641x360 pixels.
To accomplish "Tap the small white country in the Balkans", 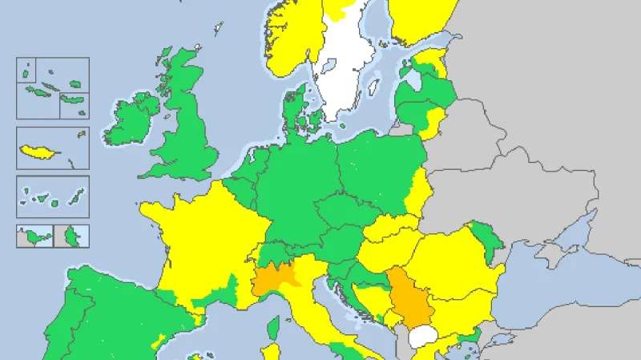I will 421,335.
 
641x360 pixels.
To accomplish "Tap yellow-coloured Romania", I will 449,257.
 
